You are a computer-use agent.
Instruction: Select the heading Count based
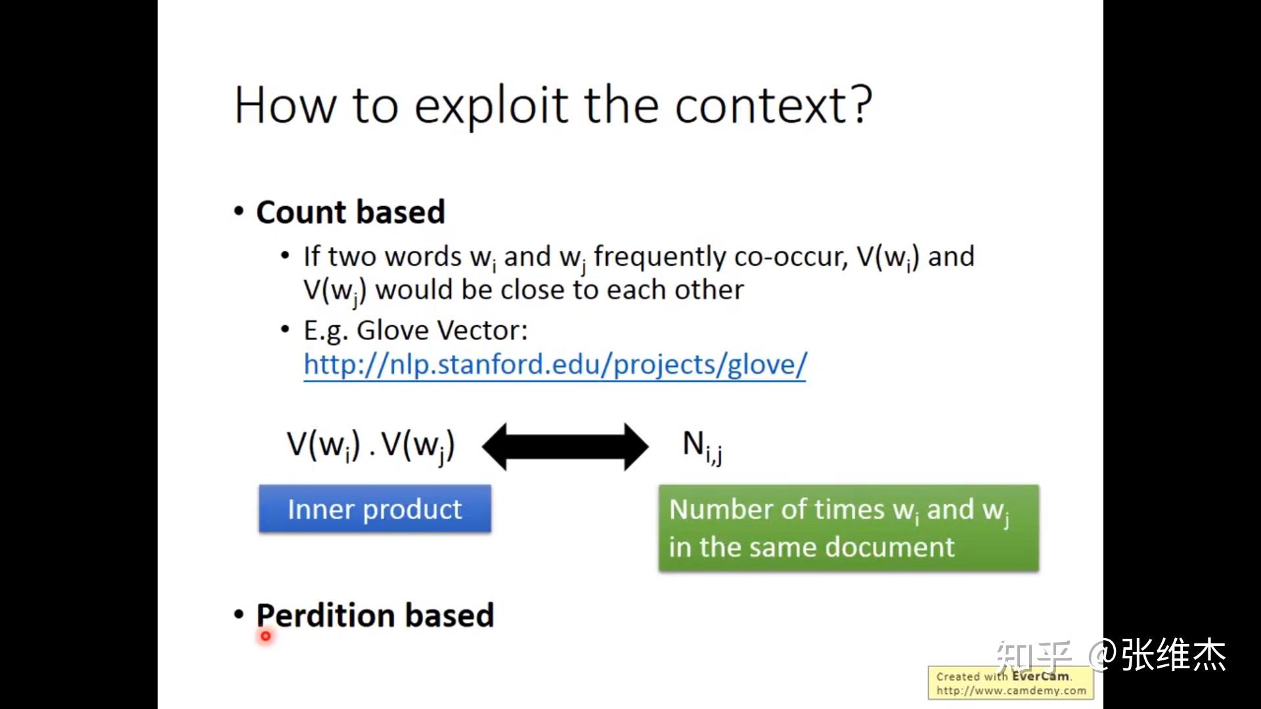[350, 212]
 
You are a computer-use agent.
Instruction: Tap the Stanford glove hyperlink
[554, 365]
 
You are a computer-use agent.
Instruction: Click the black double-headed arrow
[565, 446]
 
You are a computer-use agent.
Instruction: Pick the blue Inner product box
[374, 509]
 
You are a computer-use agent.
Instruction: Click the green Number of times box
[848, 528]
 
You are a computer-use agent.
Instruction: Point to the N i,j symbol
[701, 446]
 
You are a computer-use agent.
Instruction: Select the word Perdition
[326, 615]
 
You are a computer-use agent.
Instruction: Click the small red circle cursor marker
[265, 635]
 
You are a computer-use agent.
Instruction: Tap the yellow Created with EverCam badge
[1011, 683]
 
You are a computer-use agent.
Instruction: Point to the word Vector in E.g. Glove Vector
[485, 330]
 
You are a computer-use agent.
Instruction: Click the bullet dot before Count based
[239, 212]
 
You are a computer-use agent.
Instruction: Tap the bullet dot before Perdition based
[239, 615]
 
